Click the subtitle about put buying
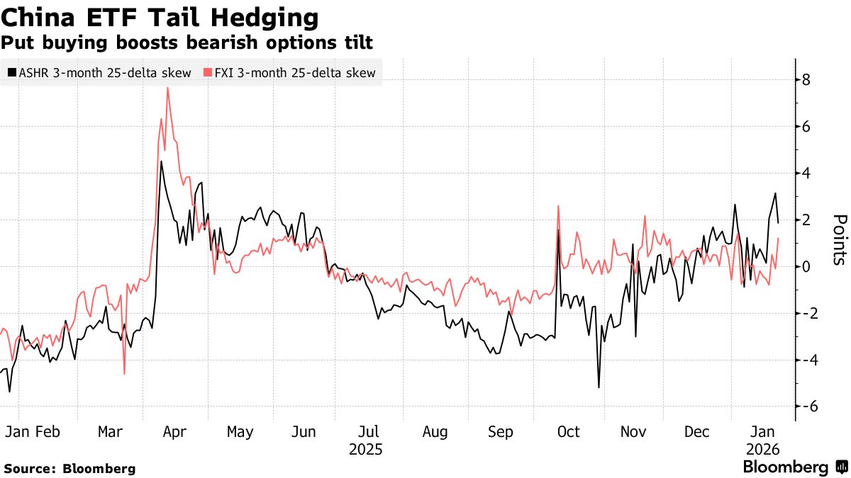187,43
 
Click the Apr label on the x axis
174,432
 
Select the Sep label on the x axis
501,432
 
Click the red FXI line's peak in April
167,88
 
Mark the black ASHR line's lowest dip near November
599,387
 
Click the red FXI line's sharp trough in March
124,374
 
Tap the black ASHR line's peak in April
161,162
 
